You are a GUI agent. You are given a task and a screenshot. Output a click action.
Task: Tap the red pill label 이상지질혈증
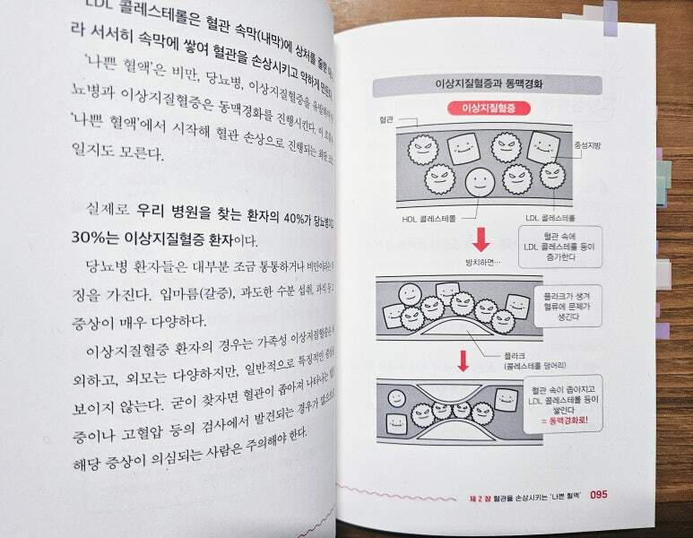(486, 108)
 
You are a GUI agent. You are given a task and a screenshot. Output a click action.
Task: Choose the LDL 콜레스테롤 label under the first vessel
(551, 218)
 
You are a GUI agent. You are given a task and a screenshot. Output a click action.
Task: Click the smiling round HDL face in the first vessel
(481, 181)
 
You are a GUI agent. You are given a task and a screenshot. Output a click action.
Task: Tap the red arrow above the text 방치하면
(481, 239)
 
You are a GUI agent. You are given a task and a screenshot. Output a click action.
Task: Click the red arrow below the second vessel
(463, 360)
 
